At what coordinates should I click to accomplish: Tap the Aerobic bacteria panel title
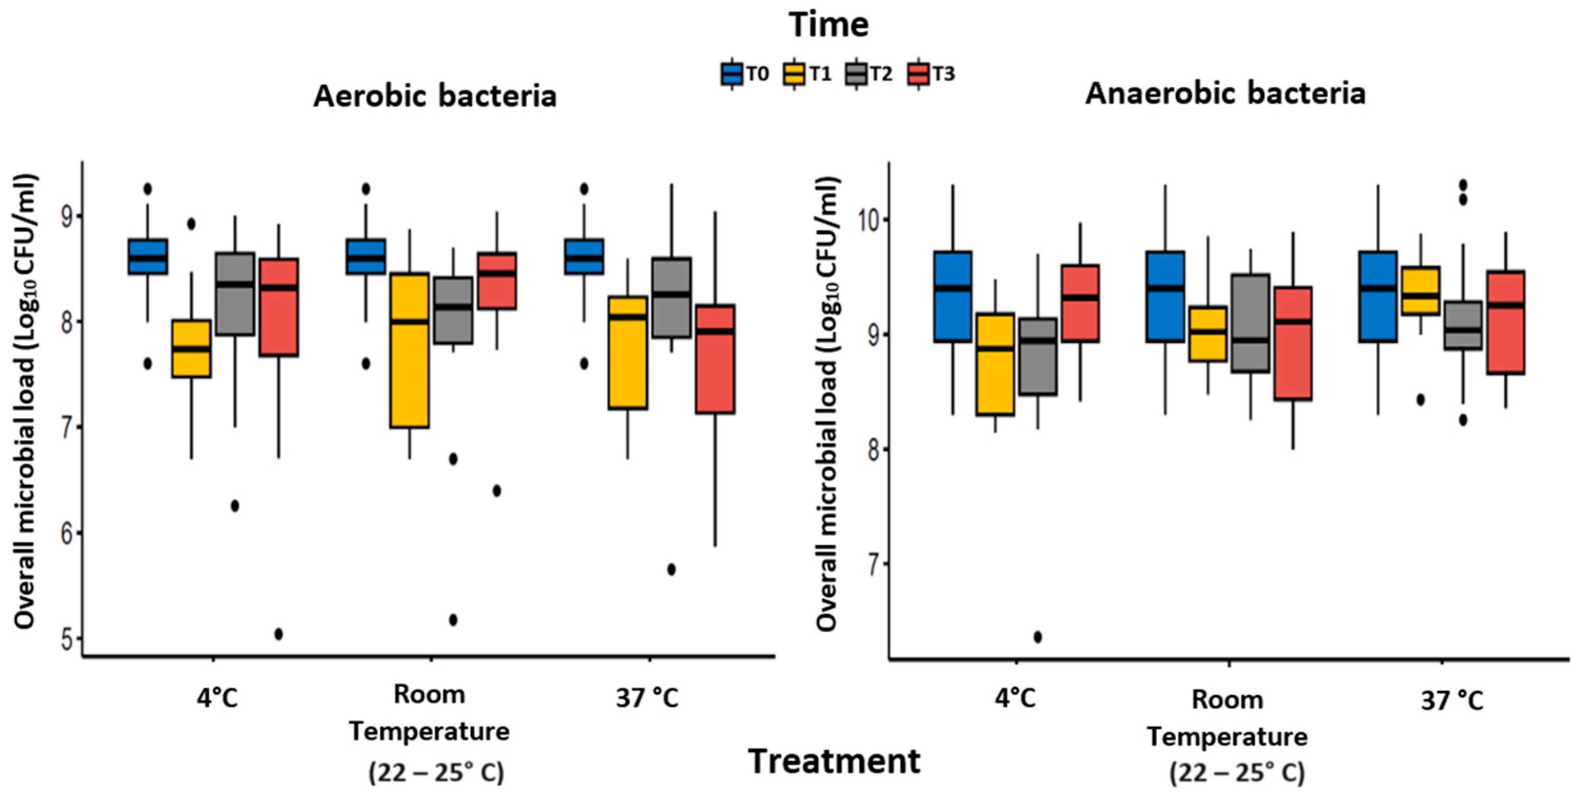click(x=435, y=96)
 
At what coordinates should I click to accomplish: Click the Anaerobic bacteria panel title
click(x=1226, y=93)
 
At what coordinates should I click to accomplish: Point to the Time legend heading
click(x=829, y=25)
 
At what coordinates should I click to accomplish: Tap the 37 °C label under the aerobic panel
click(x=647, y=697)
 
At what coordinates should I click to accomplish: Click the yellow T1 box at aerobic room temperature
click(x=409, y=350)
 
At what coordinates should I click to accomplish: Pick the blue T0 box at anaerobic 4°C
click(x=952, y=297)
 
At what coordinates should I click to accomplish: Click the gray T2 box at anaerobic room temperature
click(x=1250, y=323)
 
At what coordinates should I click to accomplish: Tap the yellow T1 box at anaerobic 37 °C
click(x=1420, y=291)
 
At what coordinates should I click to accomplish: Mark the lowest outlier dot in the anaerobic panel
click(x=1038, y=637)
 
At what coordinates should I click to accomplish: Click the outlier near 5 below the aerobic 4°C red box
click(x=279, y=634)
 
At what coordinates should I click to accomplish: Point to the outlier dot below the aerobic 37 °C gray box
click(x=671, y=569)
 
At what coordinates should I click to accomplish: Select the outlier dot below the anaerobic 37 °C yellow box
click(x=1420, y=400)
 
